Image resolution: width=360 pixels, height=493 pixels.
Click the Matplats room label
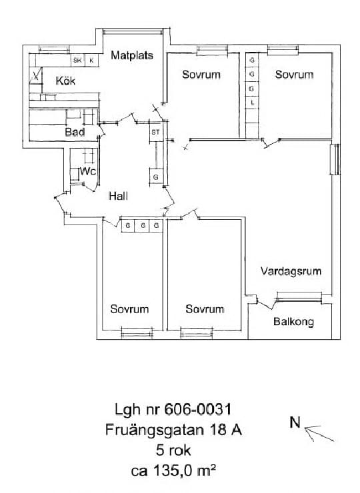[132, 55]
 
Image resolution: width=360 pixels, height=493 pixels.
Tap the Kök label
[65, 81]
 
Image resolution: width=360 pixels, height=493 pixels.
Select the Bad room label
[75, 132]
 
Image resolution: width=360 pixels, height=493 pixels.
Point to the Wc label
[88, 171]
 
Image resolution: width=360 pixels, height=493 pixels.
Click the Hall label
[118, 196]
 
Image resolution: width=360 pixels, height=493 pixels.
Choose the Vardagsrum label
[291, 271]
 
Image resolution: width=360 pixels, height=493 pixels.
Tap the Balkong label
[293, 322]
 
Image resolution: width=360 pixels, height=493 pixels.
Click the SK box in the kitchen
[78, 61]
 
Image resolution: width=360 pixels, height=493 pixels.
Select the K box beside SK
[91, 61]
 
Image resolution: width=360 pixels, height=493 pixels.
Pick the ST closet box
[156, 133]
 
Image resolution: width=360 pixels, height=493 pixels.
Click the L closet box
[252, 103]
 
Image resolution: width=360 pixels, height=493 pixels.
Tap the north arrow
[319, 433]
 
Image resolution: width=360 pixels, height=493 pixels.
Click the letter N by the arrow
[295, 422]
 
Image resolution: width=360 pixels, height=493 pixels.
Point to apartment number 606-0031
[198, 409]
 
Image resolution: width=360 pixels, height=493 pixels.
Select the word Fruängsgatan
[155, 430]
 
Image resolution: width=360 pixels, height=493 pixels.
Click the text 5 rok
[173, 450]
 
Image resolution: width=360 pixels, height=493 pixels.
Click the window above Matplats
[133, 31]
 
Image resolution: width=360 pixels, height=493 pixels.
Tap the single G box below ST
[156, 177]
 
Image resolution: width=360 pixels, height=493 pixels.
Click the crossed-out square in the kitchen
[36, 76]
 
